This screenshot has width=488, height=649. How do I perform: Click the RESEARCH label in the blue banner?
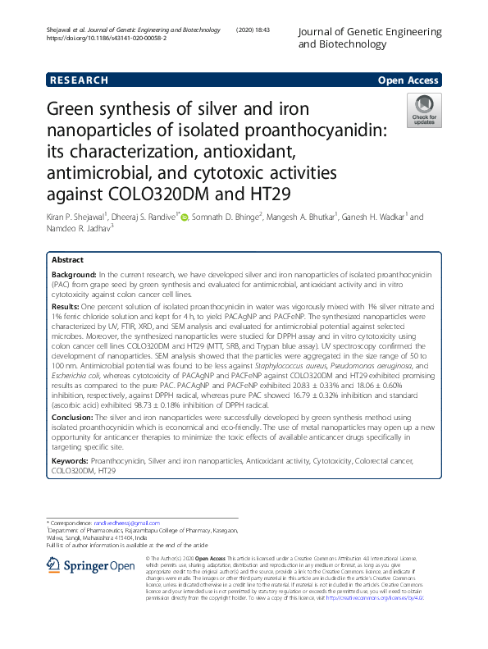pyautogui.click(x=80, y=80)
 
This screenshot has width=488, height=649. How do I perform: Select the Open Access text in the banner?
pyautogui.click(x=408, y=80)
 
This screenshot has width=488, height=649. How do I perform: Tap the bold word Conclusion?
pyautogui.click(x=75, y=417)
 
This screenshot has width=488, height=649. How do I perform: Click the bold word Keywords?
pyautogui.click(x=72, y=463)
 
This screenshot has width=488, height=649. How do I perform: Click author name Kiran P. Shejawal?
pyautogui.click(x=83, y=217)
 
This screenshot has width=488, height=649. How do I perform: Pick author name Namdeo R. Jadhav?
pyautogui.click(x=80, y=228)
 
